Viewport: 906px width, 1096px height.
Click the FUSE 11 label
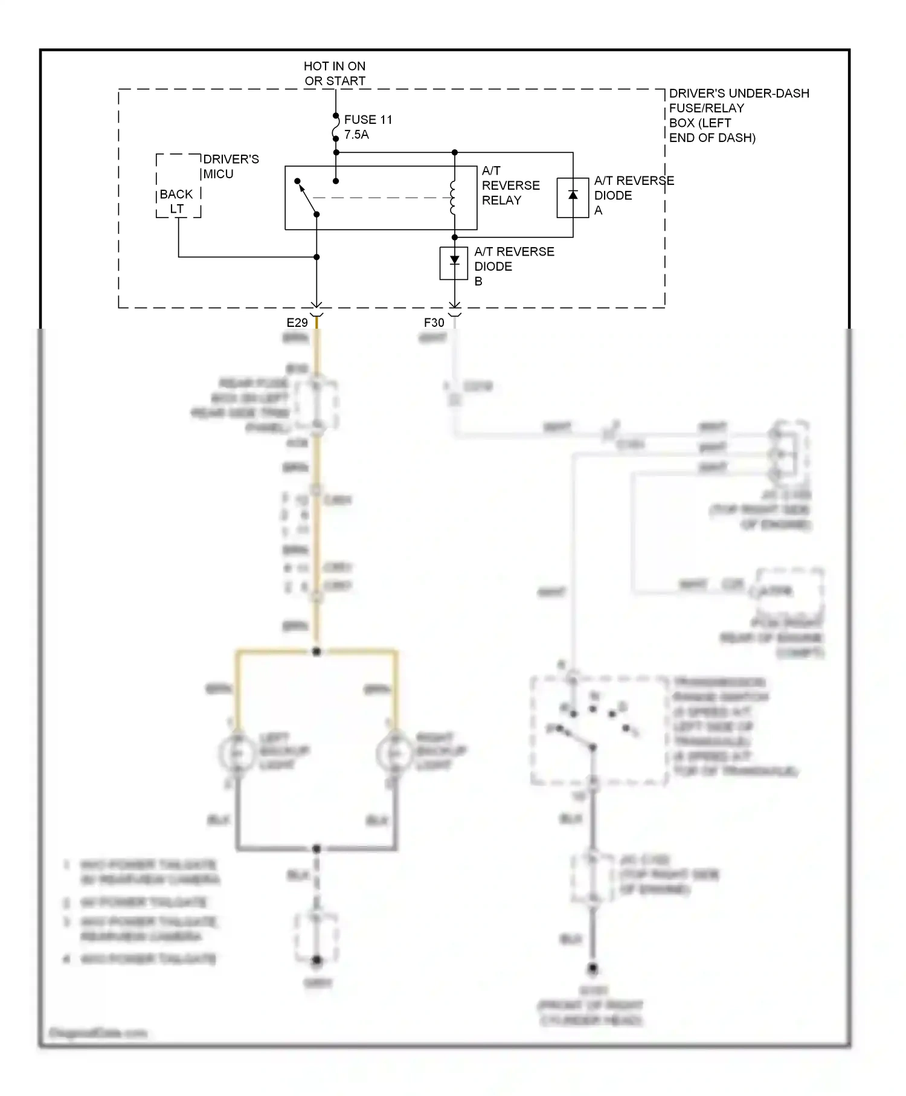point(368,120)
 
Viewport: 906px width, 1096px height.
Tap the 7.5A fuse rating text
point(356,135)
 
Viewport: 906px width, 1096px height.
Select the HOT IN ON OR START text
point(335,73)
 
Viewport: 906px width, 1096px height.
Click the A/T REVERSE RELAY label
point(510,185)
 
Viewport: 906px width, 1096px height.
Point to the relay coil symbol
point(452,198)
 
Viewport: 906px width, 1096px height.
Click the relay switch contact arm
point(307,198)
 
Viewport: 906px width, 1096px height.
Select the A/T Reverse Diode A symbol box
point(573,198)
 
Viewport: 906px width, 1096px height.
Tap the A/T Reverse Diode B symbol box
point(454,263)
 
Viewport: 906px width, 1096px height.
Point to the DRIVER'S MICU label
point(231,166)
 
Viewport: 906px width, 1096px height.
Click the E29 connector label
point(297,323)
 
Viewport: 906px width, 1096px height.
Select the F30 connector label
point(434,323)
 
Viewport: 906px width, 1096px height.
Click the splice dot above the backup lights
point(316,651)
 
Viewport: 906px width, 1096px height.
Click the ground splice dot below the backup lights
point(316,848)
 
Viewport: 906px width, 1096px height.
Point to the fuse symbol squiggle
point(336,127)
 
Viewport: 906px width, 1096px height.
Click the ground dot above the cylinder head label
point(593,969)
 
